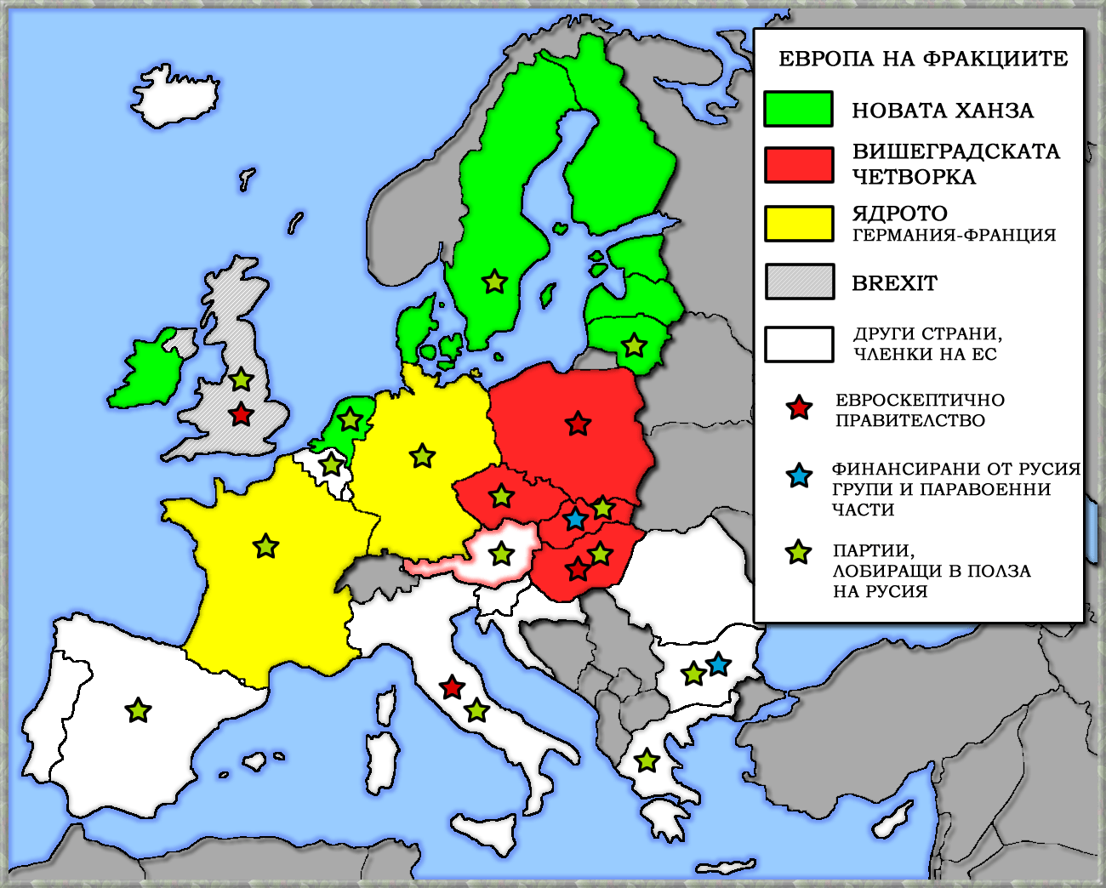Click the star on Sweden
tap(494, 281)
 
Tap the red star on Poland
tap(578, 423)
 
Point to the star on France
tap(266, 545)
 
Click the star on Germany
tap(422, 456)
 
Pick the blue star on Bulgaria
tap(718, 663)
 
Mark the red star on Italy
tap(452, 686)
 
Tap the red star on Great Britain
tap(242, 414)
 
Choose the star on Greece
tap(647, 760)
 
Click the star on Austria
tap(502, 554)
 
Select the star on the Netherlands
tap(350, 418)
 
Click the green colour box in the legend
tap(798, 109)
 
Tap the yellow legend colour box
tap(798, 223)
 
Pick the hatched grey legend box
tap(799, 282)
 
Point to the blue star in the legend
tap(799, 475)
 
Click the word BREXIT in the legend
tap(894, 283)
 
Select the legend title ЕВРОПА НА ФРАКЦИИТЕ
tap(923, 59)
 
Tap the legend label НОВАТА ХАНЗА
tap(943, 111)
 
